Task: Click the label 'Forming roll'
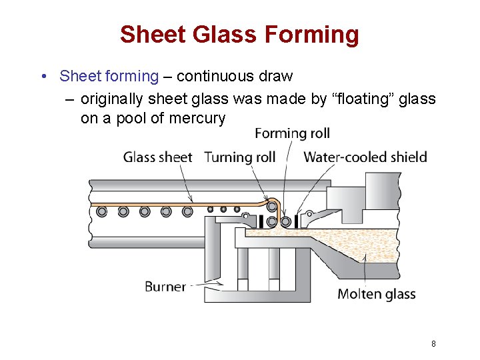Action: tap(292, 133)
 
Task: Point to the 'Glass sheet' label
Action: tap(157, 157)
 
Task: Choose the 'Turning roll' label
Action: tap(239, 157)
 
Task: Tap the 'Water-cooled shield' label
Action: tap(365, 157)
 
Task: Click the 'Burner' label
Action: tap(165, 287)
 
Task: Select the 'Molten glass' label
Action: tap(376, 293)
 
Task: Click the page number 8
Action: tap(433, 344)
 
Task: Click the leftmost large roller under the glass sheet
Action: tap(101, 211)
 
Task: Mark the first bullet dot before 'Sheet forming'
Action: tap(43, 76)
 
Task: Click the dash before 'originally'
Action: tap(70, 100)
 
